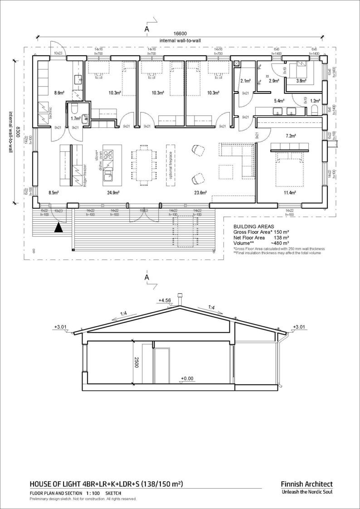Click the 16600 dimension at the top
pyautogui.click(x=180, y=34)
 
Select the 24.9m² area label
pyautogui.click(x=113, y=193)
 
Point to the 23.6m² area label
pyautogui.click(x=200, y=193)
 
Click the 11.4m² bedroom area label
pyautogui.click(x=290, y=193)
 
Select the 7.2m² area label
pyautogui.click(x=290, y=136)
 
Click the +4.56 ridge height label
pyautogui.click(x=165, y=300)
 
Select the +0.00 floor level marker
pyautogui.click(x=187, y=378)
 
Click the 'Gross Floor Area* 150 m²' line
pyautogui.click(x=261, y=232)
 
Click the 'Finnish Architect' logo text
pyautogui.click(x=306, y=484)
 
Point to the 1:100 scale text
pyautogui.click(x=92, y=493)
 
